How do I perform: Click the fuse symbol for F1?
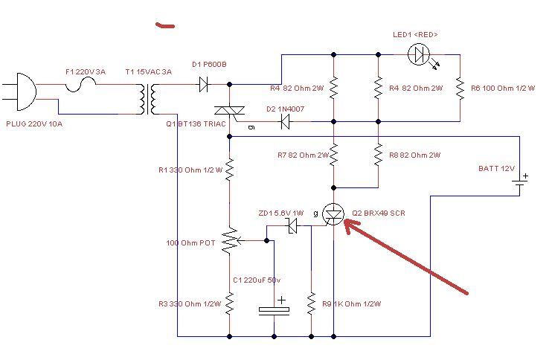point(80,85)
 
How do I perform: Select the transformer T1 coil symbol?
point(148,99)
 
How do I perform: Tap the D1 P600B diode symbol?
point(204,85)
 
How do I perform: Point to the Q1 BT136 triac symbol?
point(230,112)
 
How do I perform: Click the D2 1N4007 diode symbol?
point(285,122)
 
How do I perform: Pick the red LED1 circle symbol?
point(419,54)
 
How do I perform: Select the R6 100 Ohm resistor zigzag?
point(460,89)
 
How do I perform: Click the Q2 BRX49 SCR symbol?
point(333,214)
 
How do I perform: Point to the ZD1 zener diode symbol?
point(292,225)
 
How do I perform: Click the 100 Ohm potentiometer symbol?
point(231,241)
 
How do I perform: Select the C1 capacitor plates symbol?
point(274,310)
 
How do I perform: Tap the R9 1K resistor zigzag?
point(311,303)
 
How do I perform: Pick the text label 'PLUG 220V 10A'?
point(34,124)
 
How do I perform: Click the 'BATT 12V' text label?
point(496,169)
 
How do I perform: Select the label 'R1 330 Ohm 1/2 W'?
point(190,170)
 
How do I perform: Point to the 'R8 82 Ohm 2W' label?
point(414,155)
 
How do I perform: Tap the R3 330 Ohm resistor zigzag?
point(230,303)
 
